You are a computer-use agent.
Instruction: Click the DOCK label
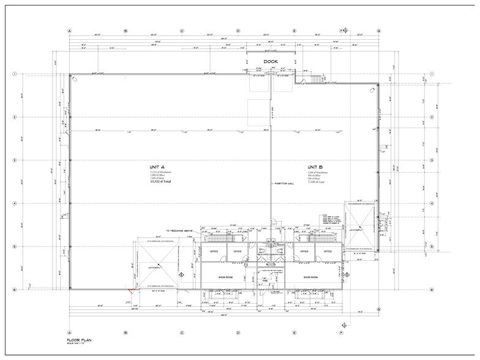coord(271,62)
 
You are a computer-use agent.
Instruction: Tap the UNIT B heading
coord(314,167)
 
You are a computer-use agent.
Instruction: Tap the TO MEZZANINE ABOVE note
coord(179,231)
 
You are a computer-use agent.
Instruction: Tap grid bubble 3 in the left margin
coord(13,160)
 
